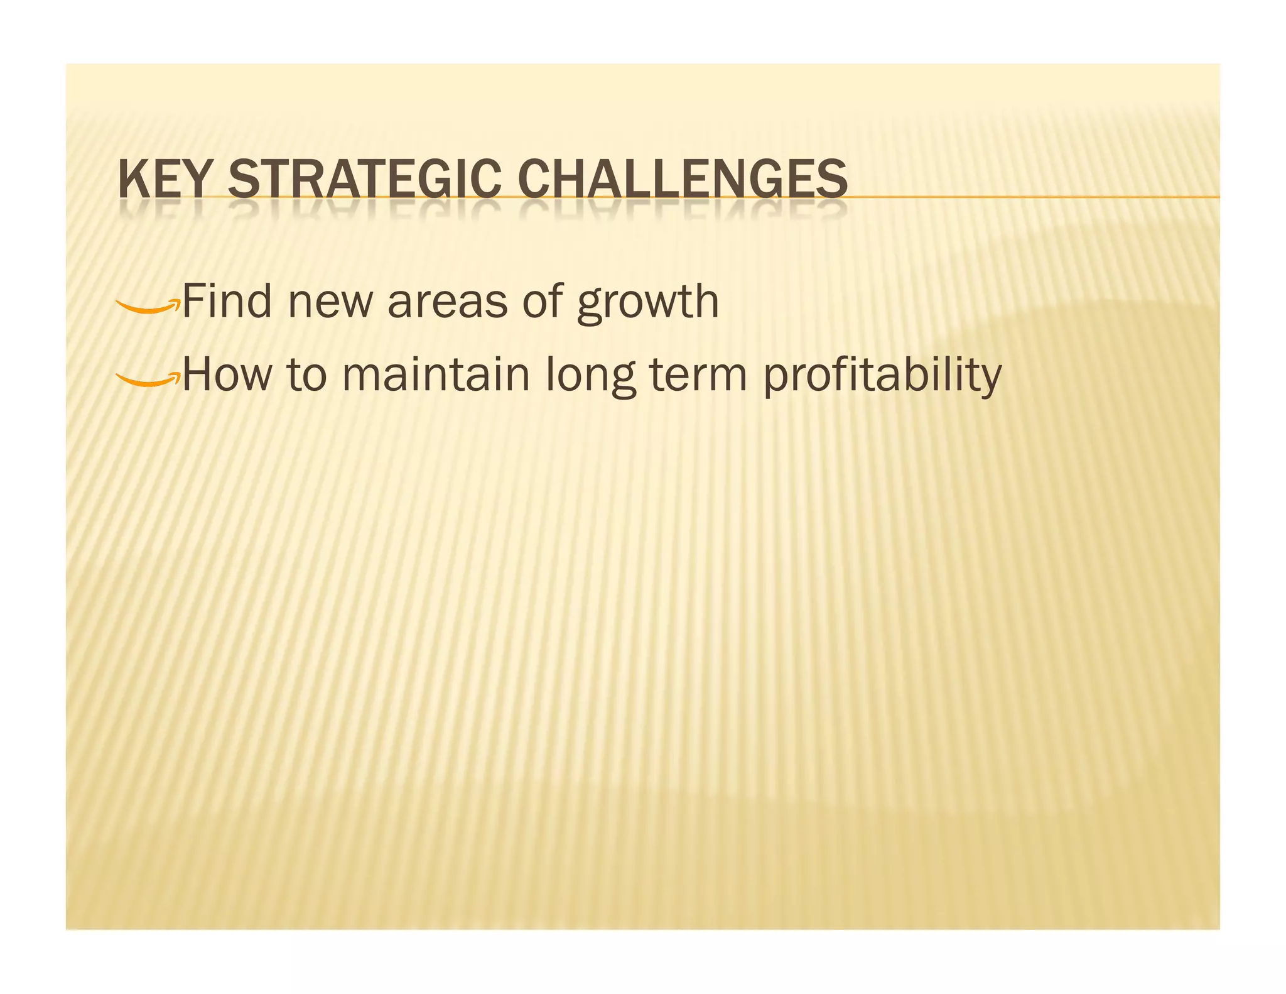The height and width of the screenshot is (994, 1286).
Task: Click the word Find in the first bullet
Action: (x=227, y=302)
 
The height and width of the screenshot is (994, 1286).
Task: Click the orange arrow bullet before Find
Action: (x=148, y=306)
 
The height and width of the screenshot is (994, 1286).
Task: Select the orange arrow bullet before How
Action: (x=148, y=378)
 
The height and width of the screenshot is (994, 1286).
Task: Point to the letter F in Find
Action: (x=192, y=302)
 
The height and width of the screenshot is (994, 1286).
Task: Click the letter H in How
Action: (x=196, y=374)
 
